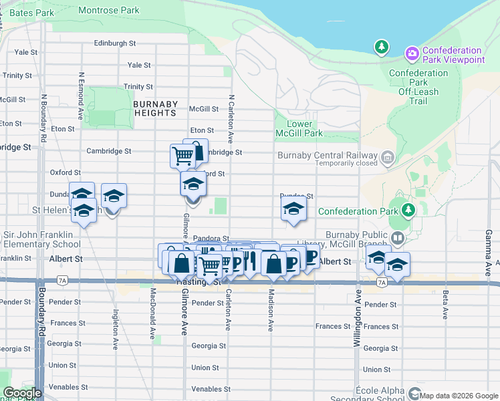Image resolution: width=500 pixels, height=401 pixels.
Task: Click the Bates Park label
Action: [32, 13]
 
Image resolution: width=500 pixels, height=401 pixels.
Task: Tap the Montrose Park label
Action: [109, 10]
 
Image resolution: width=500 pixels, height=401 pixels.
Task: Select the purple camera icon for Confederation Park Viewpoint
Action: [412, 53]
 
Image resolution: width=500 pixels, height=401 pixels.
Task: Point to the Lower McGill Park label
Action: [304, 128]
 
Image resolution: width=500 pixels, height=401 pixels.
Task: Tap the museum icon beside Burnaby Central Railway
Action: [387, 157]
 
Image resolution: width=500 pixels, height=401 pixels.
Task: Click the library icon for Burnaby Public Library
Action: [398, 238]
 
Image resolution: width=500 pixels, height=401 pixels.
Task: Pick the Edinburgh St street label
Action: [115, 43]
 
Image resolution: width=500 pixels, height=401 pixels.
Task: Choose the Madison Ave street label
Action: [271, 314]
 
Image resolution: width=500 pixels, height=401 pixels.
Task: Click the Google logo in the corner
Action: [22, 393]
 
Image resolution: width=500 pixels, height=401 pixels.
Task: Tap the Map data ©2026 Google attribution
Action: [459, 396]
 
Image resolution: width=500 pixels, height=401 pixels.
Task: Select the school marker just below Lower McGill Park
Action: [293, 210]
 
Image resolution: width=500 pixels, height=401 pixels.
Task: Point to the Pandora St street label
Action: [211, 238]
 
